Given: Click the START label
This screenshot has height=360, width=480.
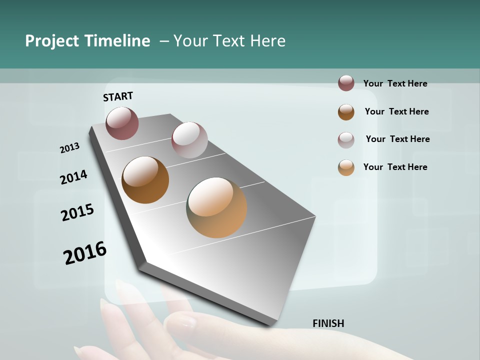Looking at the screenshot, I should [x=118, y=96].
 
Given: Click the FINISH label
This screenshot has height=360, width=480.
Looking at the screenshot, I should [x=328, y=323].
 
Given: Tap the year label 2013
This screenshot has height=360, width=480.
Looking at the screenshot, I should [x=69, y=148].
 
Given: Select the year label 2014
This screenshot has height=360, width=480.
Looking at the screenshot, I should [x=73, y=177].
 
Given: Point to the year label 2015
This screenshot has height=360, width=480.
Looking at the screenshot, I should [x=77, y=212].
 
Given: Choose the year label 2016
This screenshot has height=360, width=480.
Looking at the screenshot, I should [x=85, y=253].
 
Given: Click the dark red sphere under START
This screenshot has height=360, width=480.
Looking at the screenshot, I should [x=122, y=123].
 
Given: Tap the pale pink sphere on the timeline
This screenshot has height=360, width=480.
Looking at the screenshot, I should [x=189, y=140].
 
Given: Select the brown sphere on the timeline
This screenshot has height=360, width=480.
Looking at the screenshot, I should [x=145, y=180].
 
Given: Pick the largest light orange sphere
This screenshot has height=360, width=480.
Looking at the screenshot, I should [x=216, y=207].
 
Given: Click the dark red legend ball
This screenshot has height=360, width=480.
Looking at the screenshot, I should [x=346, y=83].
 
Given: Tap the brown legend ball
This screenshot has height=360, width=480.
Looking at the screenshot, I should [x=346, y=112].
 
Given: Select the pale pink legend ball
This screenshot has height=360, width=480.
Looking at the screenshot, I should [x=346, y=140].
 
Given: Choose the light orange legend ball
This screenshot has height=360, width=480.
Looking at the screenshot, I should [x=346, y=167].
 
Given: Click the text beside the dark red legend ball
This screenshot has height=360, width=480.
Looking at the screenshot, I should [x=395, y=83].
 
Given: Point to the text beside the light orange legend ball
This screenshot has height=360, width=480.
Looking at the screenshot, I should [x=395, y=167].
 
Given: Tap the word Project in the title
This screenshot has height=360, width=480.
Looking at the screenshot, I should [x=52, y=41].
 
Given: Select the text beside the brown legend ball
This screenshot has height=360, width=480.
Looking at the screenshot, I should [x=396, y=111].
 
